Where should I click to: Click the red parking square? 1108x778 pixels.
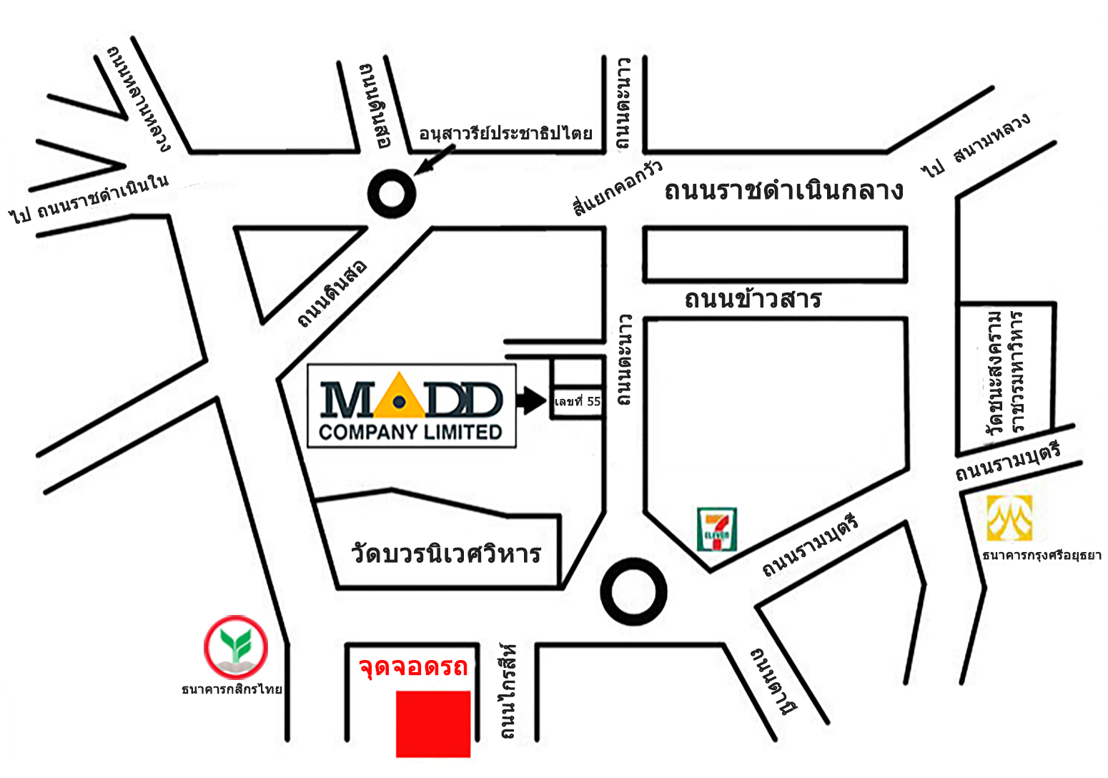(x=433, y=724)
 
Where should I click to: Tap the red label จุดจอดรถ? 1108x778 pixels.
(x=413, y=666)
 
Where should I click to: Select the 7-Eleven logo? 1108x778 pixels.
(x=716, y=529)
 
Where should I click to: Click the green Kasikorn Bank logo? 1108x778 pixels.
(x=236, y=648)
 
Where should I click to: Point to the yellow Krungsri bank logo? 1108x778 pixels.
(x=1009, y=518)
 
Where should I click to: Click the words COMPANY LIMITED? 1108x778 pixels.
(x=410, y=432)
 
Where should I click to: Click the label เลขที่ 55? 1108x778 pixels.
(x=578, y=401)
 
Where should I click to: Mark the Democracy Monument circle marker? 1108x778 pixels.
(x=392, y=193)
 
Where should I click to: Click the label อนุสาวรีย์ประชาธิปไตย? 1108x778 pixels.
(x=505, y=134)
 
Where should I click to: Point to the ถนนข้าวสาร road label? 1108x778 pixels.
(x=753, y=299)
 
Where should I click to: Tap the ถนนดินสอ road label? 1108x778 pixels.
(x=333, y=293)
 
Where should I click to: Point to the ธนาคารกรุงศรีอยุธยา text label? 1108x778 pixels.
(x=1042, y=555)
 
